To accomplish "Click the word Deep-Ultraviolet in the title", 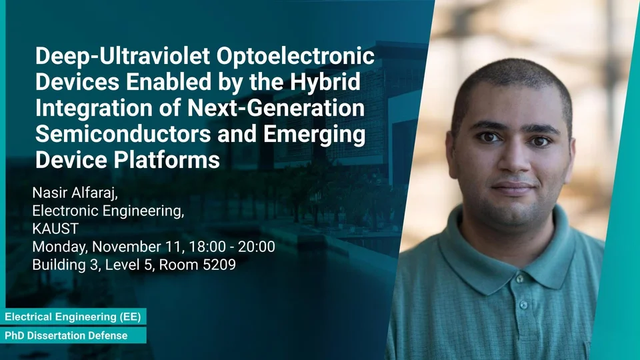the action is [x=123, y=56].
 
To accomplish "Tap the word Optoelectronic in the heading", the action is [x=295, y=56].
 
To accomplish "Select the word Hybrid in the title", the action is [x=325, y=82].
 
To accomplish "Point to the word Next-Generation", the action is [x=276, y=108].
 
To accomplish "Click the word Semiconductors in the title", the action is [x=123, y=133].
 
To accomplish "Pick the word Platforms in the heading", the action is [x=167, y=159].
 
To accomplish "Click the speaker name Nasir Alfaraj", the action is [x=75, y=193].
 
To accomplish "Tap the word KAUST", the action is [x=55, y=229].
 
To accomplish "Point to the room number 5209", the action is [x=219, y=265].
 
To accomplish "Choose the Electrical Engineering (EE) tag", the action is [x=73, y=317].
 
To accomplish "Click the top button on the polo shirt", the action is [x=519, y=279].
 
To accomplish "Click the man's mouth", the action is [x=513, y=188].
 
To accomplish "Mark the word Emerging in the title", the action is [x=314, y=134].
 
